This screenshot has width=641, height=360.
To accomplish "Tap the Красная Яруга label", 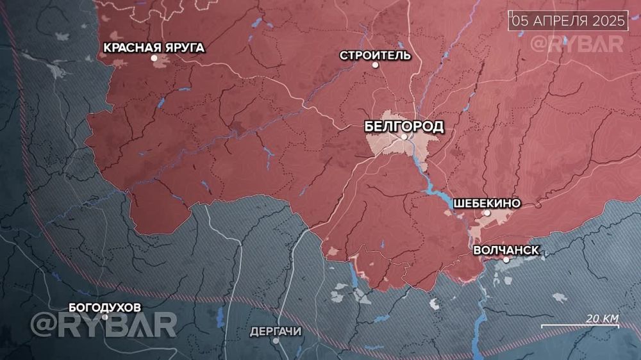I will pos(154,47).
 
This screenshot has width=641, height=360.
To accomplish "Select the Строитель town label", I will pos(376,54).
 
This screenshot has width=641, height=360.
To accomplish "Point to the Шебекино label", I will pos(487,203).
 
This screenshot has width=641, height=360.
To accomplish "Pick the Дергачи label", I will pos(276,330).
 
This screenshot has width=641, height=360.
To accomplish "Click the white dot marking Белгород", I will pos(404,136).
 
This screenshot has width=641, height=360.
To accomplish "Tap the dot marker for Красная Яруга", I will pos(154,58).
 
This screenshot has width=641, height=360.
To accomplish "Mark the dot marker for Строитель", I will pos(376,65).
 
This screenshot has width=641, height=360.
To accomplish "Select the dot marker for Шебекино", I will pos(487,213).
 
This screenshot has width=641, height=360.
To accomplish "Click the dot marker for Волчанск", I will pos(506,259).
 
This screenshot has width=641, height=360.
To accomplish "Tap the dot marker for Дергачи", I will pos(276,340).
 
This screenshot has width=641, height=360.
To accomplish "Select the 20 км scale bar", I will pos(579,326).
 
